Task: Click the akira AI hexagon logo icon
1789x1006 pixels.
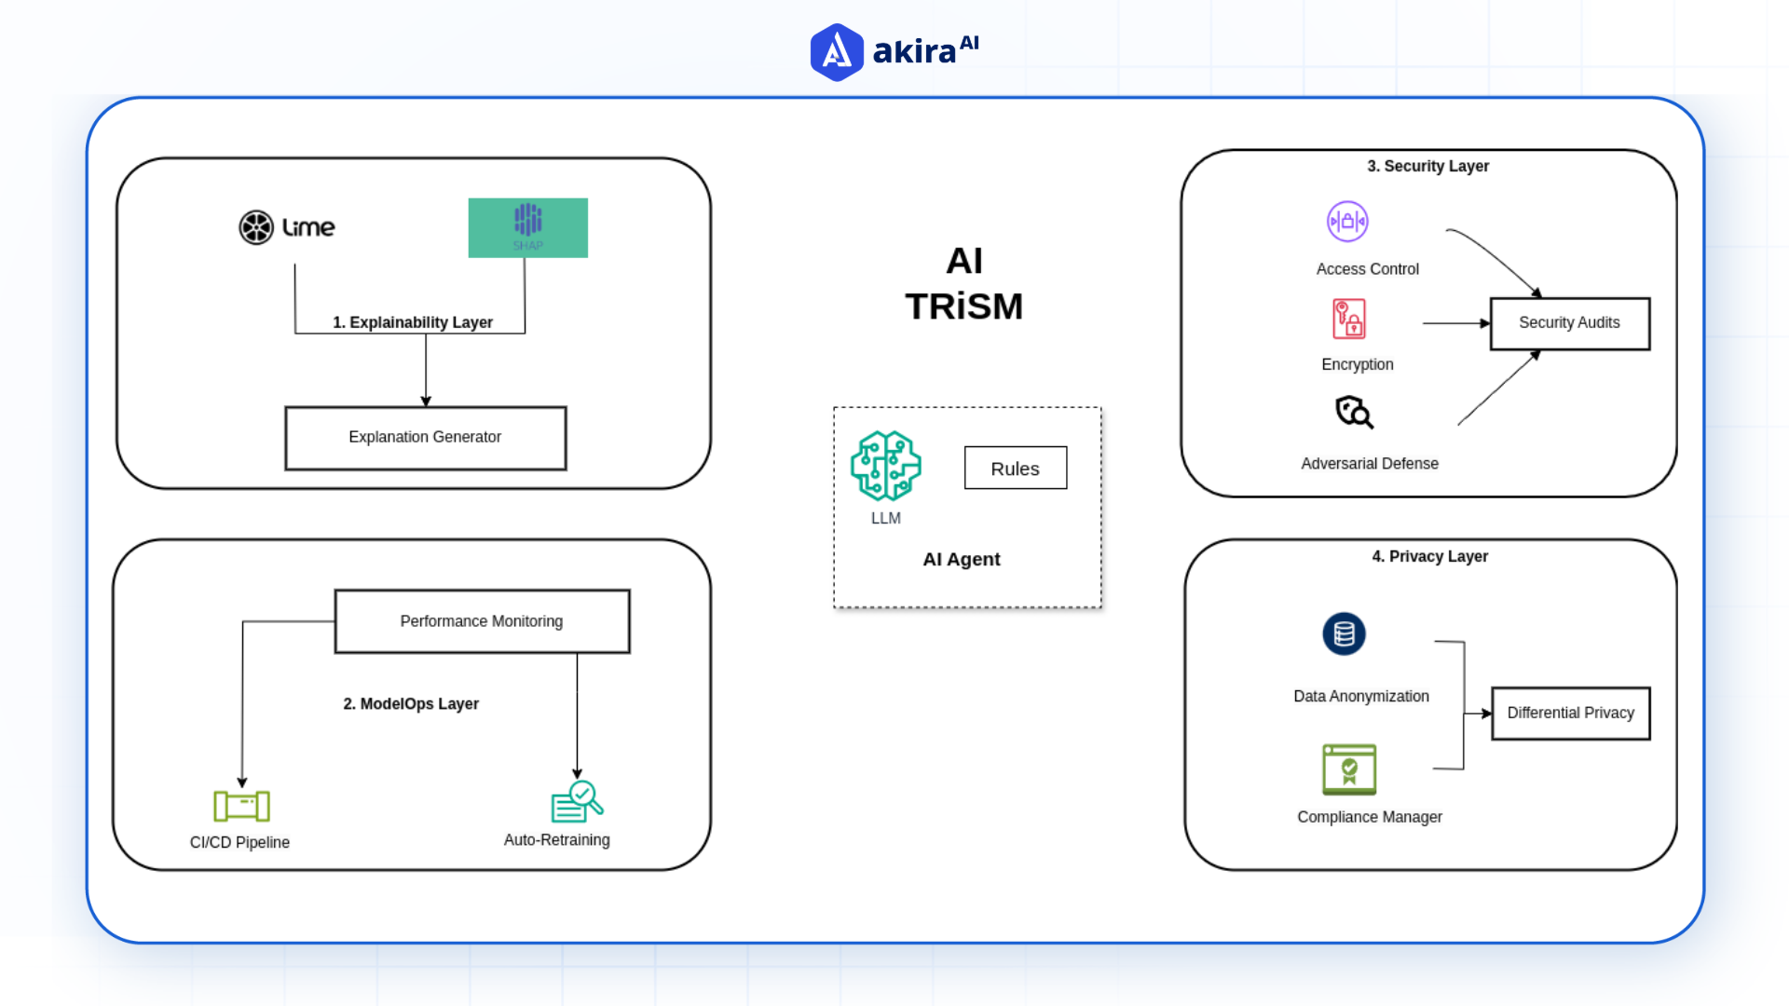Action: (x=837, y=52)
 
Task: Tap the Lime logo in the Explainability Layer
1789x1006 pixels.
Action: (x=286, y=227)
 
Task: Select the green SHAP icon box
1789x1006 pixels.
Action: (x=527, y=227)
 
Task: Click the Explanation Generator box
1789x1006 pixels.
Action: (x=425, y=438)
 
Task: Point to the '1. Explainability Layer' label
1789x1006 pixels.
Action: (x=413, y=322)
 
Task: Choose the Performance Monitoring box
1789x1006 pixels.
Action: (x=482, y=621)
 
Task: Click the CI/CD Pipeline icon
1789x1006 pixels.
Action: (x=241, y=806)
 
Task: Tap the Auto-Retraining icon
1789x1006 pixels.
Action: (x=577, y=802)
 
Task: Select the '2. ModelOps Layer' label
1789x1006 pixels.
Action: (x=411, y=704)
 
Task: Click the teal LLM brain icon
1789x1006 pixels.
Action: (x=885, y=466)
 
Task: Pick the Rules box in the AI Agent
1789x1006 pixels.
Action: (x=1015, y=469)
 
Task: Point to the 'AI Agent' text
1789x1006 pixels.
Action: (x=961, y=560)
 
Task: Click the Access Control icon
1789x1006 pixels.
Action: (x=1347, y=222)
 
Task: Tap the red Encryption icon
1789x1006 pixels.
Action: (x=1348, y=319)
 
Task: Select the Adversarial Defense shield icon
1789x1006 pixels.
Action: (x=1354, y=412)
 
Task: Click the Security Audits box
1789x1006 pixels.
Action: (x=1569, y=323)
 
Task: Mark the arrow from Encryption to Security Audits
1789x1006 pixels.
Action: (x=1455, y=323)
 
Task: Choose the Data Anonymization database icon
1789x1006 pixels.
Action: (x=1344, y=634)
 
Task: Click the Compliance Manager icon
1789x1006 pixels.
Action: (x=1349, y=769)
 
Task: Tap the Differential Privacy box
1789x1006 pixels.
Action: (x=1570, y=714)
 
